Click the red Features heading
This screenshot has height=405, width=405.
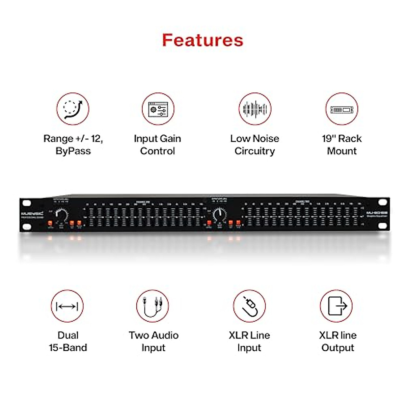pyautogui.click(x=202, y=40)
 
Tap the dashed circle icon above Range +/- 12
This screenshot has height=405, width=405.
pyautogui.click(x=73, y=109)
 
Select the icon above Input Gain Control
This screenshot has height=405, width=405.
pyautogui.click(x=158, y=109)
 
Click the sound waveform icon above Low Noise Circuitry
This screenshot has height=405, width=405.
pyautogui.click(x=255, y=109)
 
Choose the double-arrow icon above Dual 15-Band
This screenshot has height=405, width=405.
pyautogui.click(x=67, y=306)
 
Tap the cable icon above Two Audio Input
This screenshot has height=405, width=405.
pyautogui.click(x=152, y=306)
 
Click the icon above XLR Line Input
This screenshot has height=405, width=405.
pyautogui.click(x=249, y=306)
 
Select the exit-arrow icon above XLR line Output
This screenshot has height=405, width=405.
pyautogui.click(x=336, y=306)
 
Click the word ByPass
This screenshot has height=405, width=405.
pyautogui.click(x=73, y=151)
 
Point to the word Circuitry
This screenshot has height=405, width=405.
pyautogui.click(x=254, y=151)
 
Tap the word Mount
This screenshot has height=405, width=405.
pyautogui.click(x=342, y=151)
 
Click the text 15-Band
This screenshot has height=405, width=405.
pyautogui.click(x=68, y=348)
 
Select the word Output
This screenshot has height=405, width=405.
pyautogui.click(x=337, y=348)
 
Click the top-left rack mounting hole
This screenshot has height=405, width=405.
pyautogui.click(x=27, y=203)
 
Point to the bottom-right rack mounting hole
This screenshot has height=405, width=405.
pyautogui.click(x=382, y=225)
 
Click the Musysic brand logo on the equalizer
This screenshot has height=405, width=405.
pyautogui.click(x=32, y=214)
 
